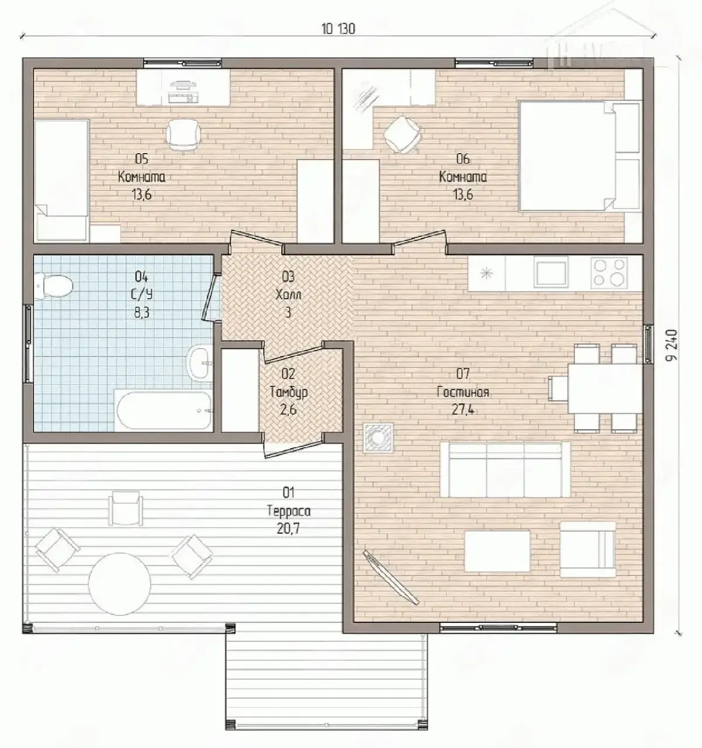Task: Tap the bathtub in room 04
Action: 164,411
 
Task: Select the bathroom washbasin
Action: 200,364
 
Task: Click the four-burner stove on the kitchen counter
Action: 609,273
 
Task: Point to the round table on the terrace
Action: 119,584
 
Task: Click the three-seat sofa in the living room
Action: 505,470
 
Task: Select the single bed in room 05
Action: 61,180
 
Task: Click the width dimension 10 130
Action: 338,29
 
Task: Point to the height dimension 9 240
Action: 672,345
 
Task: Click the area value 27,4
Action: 463,410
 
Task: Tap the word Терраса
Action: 289,511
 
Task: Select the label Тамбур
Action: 289,392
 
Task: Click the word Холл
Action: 288,295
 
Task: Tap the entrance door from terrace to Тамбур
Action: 294,448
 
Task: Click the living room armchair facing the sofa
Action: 587,549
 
